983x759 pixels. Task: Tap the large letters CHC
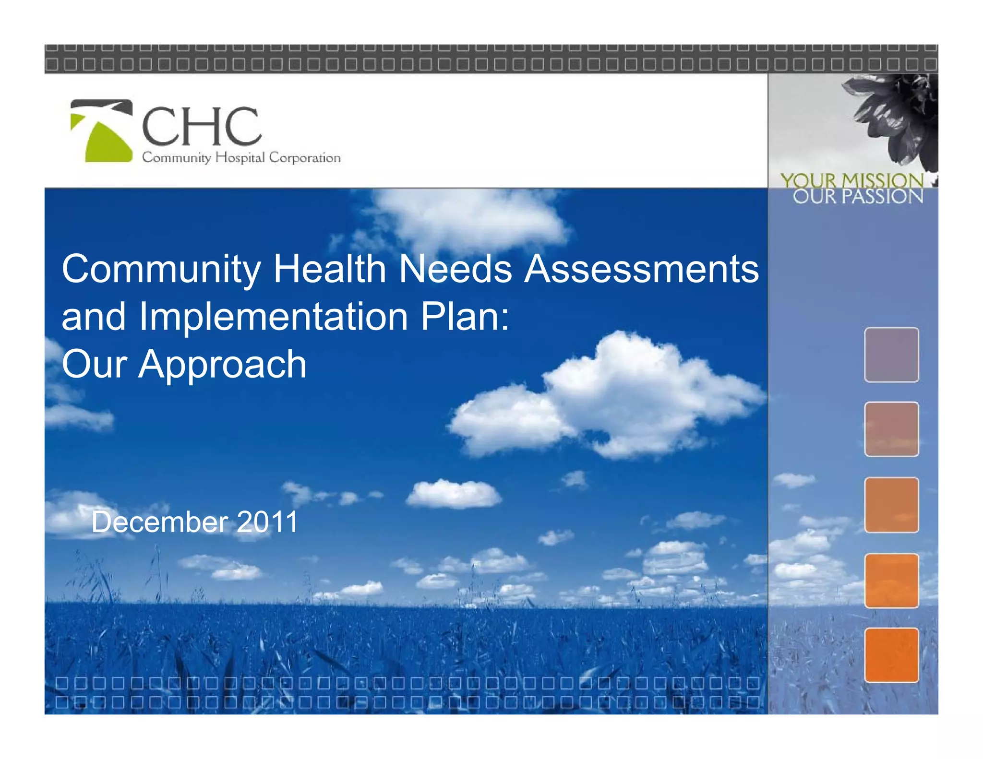202,126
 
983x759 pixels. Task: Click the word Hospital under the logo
240,158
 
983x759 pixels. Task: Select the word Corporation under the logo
304,158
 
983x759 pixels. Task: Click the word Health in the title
330,269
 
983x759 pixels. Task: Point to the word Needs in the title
456,269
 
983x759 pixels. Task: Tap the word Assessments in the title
641,269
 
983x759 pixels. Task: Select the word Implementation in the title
274,317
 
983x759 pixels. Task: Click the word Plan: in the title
465,317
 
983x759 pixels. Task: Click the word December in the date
160,522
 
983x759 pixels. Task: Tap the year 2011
267,522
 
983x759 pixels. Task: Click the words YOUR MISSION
851,181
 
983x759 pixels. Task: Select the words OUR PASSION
858,197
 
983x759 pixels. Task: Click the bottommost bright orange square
891,655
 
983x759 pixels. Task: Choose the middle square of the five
891,505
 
